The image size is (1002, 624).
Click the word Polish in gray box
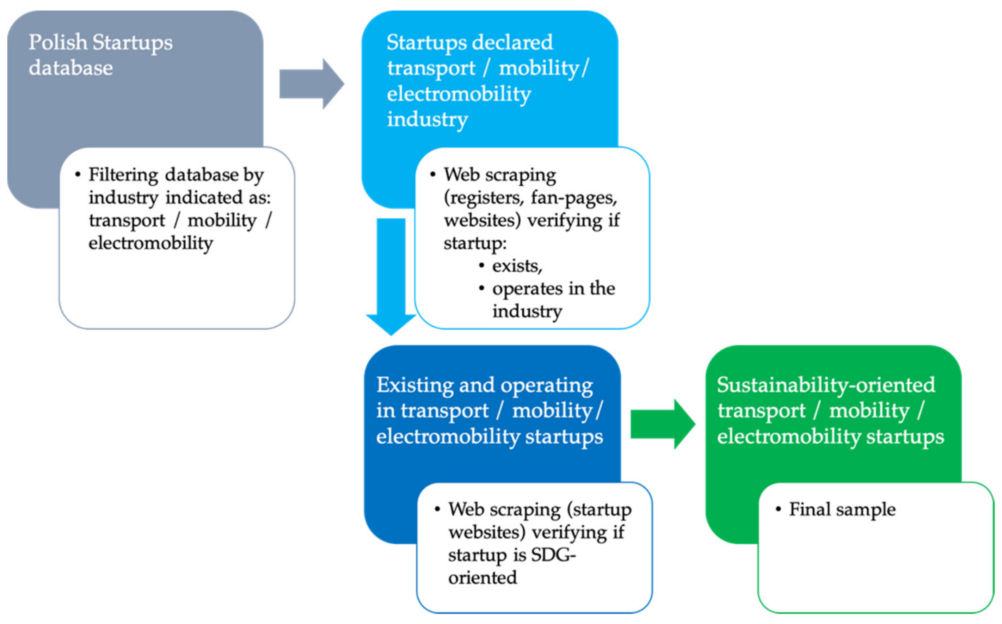[58, 43]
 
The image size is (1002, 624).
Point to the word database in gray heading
[70, 68]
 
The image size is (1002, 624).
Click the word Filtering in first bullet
[123, 175]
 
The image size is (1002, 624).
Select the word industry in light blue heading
[427, 120]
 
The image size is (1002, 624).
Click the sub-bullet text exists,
[517, 266]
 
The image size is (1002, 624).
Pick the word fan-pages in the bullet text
[574, 198]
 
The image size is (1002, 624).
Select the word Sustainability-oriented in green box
[826, 385]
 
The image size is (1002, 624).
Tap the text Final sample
[842, 509]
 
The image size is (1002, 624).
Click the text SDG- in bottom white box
[553, 555]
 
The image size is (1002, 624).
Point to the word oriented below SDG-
[482, 578]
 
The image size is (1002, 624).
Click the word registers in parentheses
[484, 198]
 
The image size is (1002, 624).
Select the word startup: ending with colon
[475, 243]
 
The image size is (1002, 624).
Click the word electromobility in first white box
[150, 243]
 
